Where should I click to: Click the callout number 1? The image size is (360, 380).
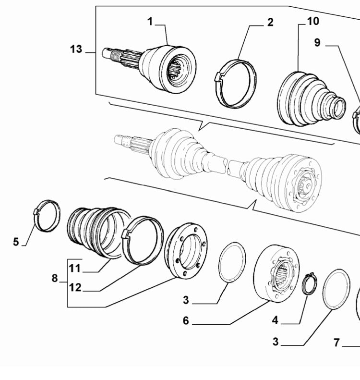[150, 21]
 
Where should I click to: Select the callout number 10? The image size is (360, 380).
[312, 21]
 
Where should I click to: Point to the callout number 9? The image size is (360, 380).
[317, 43]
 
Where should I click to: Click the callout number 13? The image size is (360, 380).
[76, 49]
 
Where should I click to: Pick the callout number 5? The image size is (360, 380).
[16, 242]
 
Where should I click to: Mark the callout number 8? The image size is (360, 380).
[55, 278]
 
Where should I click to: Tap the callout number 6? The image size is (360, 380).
[186, 320]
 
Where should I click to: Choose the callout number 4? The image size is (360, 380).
[275, 319]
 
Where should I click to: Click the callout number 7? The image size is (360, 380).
[337, 343]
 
